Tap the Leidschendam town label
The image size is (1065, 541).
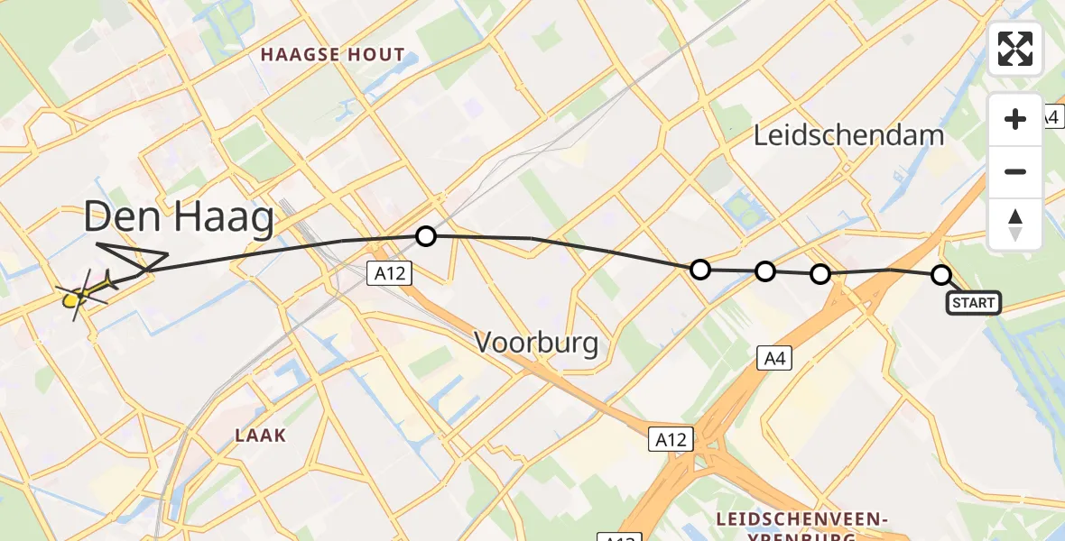[848, 136]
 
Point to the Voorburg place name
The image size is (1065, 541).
[536, 343]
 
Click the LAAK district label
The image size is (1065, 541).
[260, 436]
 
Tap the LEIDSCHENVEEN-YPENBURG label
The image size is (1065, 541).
[803, 527]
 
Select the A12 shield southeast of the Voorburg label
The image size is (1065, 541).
[670, 439]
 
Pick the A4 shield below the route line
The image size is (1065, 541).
[773, 360]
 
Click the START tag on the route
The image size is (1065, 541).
[973, 303]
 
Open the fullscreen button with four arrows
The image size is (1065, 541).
[1015, 49]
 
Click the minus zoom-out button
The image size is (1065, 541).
[1015, 171]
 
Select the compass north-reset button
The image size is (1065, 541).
[1015, 224]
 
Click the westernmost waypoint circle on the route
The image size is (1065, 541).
[425, 236]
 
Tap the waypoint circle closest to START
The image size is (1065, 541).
[940, 275]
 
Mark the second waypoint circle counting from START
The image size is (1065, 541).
[820, 273]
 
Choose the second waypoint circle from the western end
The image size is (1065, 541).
[699, 269]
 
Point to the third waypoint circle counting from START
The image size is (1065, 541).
[764, 270]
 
